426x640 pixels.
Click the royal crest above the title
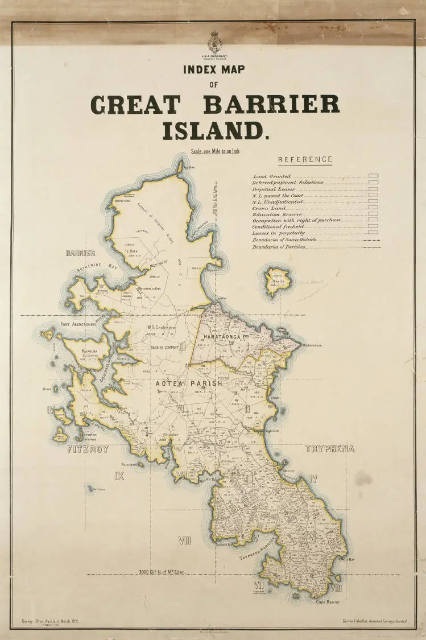[215, 42]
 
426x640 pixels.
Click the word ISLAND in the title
[216, 131]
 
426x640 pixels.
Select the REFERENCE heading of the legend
[305, 160]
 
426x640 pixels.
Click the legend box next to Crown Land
[373, 209]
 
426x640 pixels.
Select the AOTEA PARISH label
[189, 384]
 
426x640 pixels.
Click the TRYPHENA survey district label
[329, 449]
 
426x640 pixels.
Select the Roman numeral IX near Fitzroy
[119, 476]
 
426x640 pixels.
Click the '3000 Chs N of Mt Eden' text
[162, 572]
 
